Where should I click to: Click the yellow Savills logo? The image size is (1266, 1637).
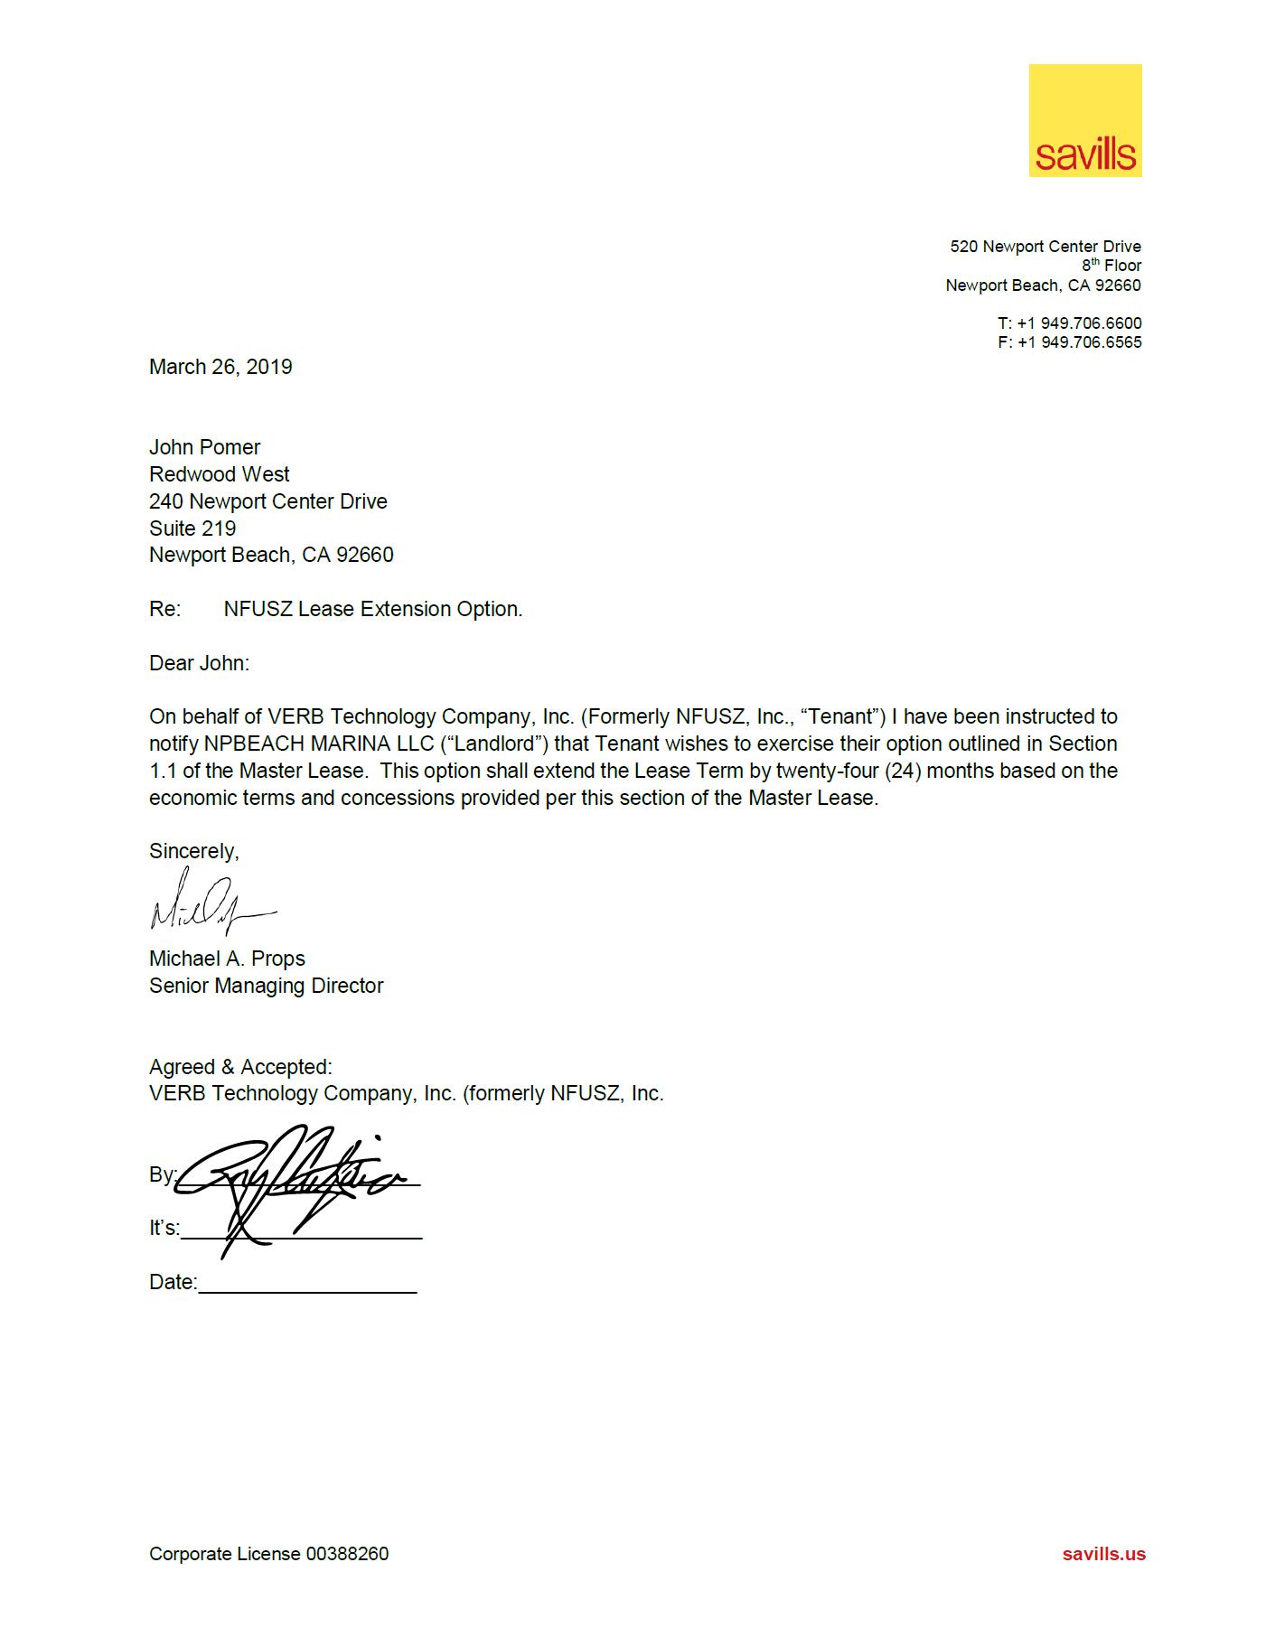[x=1084, y=120]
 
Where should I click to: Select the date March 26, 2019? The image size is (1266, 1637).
[x=220, y=367]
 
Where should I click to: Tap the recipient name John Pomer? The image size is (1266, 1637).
[x=204, y=447]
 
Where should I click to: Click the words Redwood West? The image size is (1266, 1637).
[x=219, y=474]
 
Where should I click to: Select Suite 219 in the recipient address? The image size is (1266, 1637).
[x=192, y=529]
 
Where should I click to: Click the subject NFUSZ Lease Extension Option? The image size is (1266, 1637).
[x=372, y=609]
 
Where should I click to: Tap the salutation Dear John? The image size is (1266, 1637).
[x=199, y=663]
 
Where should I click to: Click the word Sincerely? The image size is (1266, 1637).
[x=193, y=851]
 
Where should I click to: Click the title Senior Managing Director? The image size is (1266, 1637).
[x=266, y=986]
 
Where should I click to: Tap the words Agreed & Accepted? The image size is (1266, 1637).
[x=240, y=1067]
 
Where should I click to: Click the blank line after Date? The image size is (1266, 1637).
[x=307, y=1285]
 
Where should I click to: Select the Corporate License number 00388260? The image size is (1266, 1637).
[x=347, y=1554]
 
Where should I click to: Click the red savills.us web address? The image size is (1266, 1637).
[x=1103, y=1554]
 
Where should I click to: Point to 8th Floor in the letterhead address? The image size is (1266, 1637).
[x=1111, y=266]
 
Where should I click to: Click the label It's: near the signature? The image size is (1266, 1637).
[x=164, y=1229]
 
